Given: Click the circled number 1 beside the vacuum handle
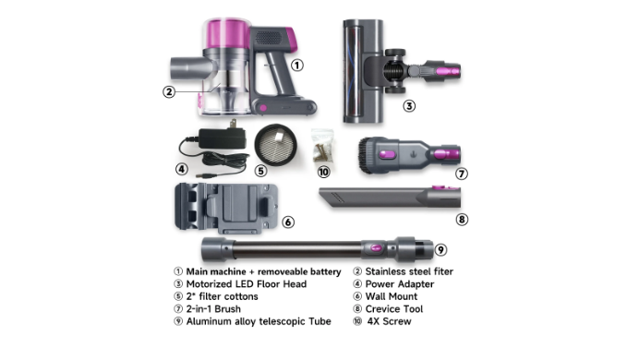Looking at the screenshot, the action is pos(296,66).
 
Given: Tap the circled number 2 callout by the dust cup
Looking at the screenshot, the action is pos(169,91).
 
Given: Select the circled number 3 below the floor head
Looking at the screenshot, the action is pos(409,106).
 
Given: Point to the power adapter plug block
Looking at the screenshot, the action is pos(223,138).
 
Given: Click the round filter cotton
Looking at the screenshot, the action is pos(276,145).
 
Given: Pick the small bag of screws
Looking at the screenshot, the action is pos(322,146).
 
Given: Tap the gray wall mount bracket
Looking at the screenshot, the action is pos(226,209).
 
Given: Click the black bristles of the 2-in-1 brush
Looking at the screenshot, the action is pos(366,155).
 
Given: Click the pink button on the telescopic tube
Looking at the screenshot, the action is pos(376,248).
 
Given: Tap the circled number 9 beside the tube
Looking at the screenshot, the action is pos(440,250).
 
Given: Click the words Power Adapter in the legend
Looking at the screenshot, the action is pos(400,284).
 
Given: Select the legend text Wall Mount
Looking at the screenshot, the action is pos(392,296).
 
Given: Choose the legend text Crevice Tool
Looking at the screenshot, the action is pos(394,309).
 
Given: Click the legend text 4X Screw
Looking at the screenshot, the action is pos(389,321).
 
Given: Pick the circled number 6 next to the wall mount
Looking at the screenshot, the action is pos(288,222).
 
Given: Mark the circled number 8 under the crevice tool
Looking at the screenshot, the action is pos(462,220).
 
